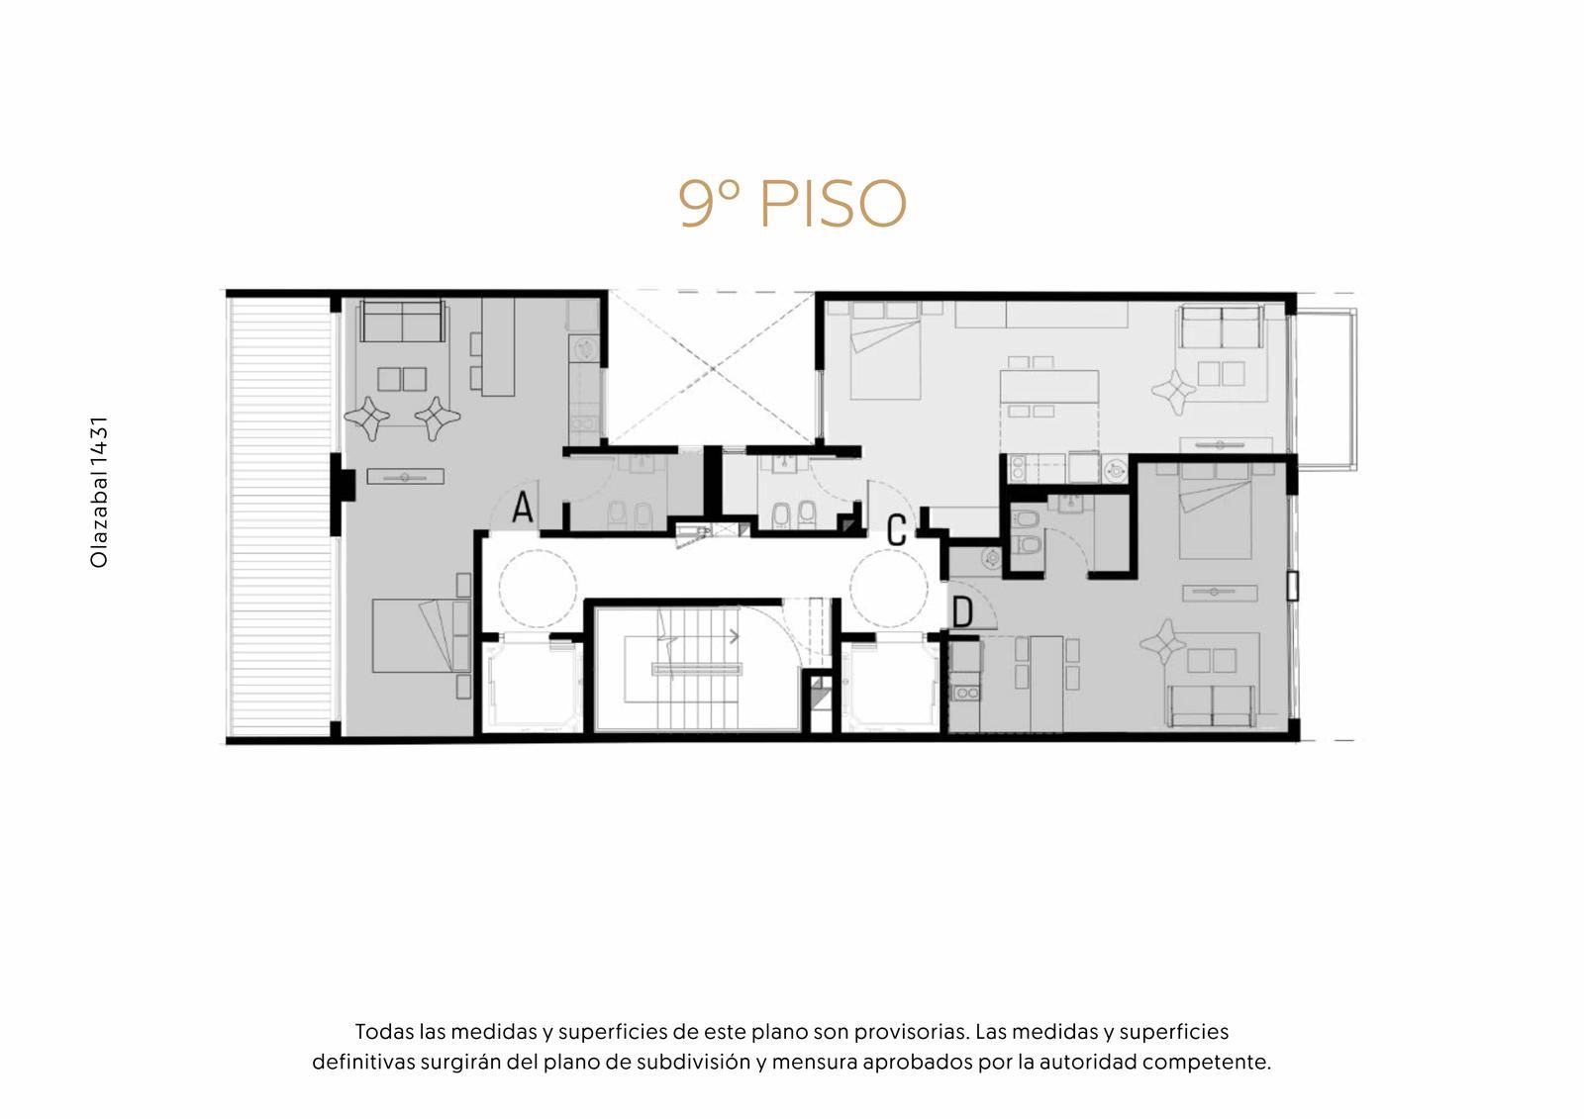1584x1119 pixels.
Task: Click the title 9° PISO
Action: pyautogui.click(x=792, y=203)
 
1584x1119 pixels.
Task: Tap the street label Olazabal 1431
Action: pyautogui.click(x=99, y=492)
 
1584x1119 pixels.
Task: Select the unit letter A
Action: pyautogui.click(x=523, y=507)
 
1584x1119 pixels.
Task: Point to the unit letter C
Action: pyautogui.click(x=896, y=530)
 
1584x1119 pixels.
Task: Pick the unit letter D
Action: pyautogui.click(x=963, y=612)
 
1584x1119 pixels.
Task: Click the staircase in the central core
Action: pyautogui.click(x=697, y=668)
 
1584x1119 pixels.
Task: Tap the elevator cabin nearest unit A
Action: pyautogui.click(x=534, y=683)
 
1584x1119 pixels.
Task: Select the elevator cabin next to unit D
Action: pyautogui.click(x=891, y=683)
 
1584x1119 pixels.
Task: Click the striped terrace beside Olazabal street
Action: pyautogui.click(x=279, y=516)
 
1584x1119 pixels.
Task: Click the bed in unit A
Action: pyautogui.click(x=422, y=635)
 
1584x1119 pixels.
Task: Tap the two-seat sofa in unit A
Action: pyautogui.click(x=402, y=322)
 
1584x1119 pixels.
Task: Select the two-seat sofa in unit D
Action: pyautogui.click(x=1212, y=705)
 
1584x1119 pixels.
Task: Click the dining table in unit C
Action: pyautogui.click(x=1048, y=387)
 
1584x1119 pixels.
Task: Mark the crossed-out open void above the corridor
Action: pyautogui.click(x=712, y=368)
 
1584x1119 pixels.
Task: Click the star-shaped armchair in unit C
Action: pyautogui.click(x=1174, y=391)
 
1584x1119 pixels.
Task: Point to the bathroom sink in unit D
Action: pyautogui.click(x=1069, y=503)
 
